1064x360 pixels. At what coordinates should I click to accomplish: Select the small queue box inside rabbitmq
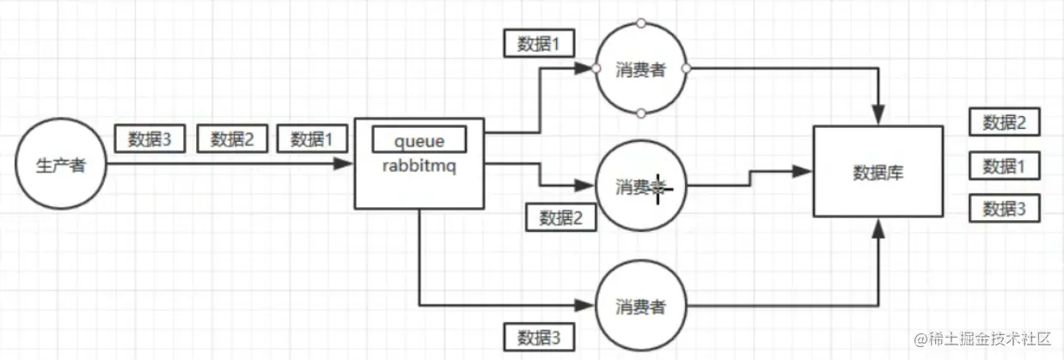pyautogui.click(x=419, y=139)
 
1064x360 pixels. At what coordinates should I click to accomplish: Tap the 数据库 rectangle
pyautogui.click(x=878, y=172)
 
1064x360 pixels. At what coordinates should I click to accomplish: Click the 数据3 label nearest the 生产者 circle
pyautogui.click(x=150, y=139)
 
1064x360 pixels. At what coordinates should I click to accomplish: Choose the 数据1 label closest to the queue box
pyautogui.click(x=313, y=139)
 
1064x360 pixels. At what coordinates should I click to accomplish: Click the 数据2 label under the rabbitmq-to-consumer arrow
pyautogui.click(x=560, y=218)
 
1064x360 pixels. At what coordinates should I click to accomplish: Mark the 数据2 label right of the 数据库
pyautogui.click(x=1005, y=122)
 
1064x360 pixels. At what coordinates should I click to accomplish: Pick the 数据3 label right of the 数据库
pyautogui.click(x=1005, y=208)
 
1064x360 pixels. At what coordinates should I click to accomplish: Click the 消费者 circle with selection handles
pyautogui.click(x=640, y=69)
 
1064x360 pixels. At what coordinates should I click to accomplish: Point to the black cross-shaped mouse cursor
pyautogui.click(x=658, y=186)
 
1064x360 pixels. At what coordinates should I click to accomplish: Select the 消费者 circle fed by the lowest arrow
pyautogui.click(x=640, y=305)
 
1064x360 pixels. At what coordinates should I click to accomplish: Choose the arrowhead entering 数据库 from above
pyautogui.click(x=878, y=114)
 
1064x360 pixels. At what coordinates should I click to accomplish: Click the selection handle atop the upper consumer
pyautogui.click(x=640, y=23)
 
